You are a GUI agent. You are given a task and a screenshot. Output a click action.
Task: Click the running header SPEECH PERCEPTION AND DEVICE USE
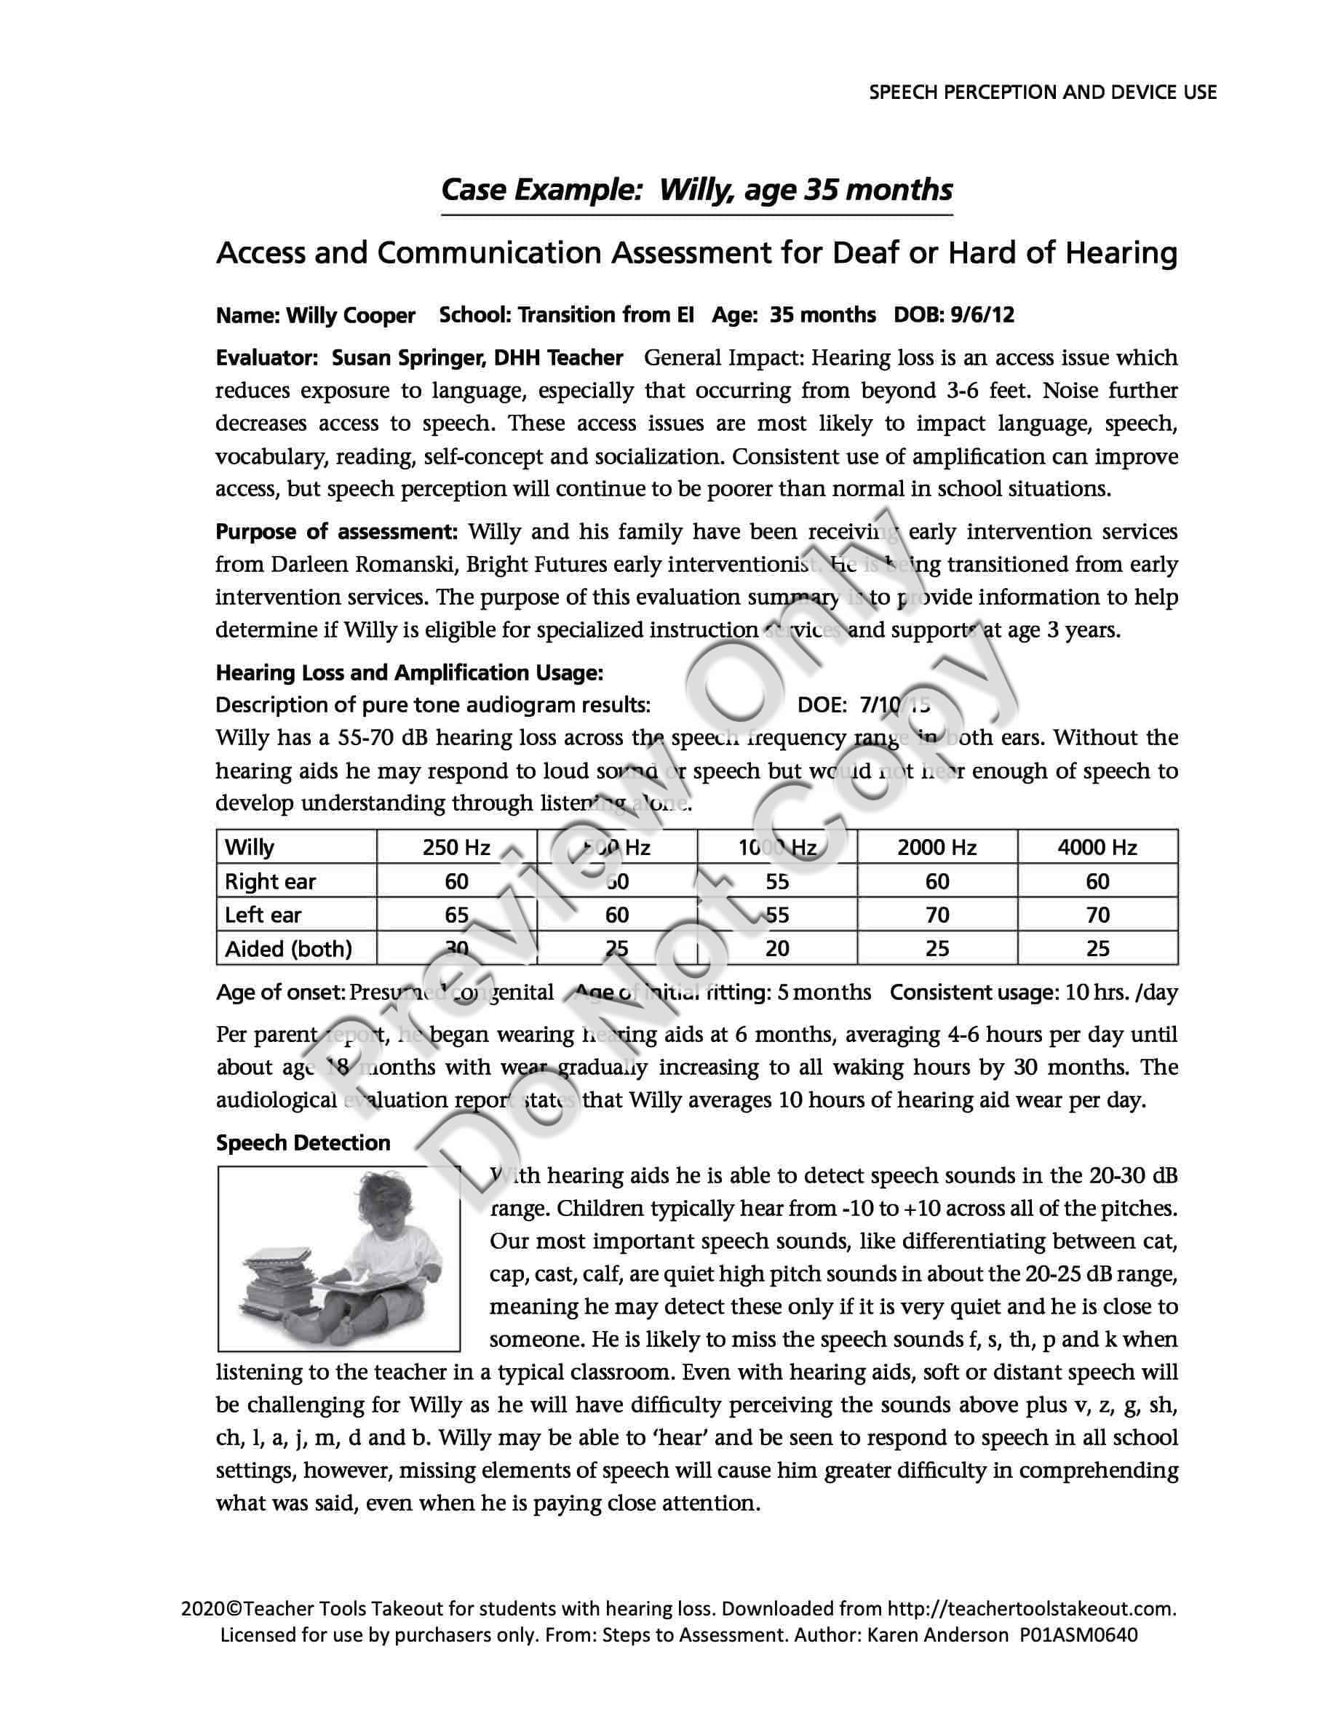click(x=1042, y=92)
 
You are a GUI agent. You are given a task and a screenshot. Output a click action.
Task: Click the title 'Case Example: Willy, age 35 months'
click(x=696, y=190)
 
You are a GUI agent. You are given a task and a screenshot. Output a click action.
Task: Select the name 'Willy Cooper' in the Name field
click(x=350, y=316)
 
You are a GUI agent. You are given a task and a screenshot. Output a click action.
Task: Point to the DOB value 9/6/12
click(x=982, y=315)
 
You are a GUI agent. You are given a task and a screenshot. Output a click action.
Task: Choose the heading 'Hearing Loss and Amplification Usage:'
click(x=409, y=673)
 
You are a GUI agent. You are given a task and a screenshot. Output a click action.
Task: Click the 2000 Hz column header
click(x=937, y=848)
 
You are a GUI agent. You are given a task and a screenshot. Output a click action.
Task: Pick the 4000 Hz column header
click(x=1097, y=848)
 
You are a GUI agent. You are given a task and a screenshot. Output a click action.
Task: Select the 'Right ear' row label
click(x=270, y=882)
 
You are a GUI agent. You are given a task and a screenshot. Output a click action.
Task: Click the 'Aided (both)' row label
click(x=288, y=948)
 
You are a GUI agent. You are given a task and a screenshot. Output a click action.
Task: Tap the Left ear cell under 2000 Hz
click(x=937, y=915)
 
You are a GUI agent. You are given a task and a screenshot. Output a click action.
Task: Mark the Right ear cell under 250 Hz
click(x=457, y=882)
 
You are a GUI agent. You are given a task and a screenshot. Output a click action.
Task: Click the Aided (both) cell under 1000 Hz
click(x=776, y=948)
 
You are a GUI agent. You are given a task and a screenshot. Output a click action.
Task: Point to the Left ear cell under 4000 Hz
click(x=1097, y=915)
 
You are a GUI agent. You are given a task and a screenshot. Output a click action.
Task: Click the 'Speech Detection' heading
click(x=303, y=1142)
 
